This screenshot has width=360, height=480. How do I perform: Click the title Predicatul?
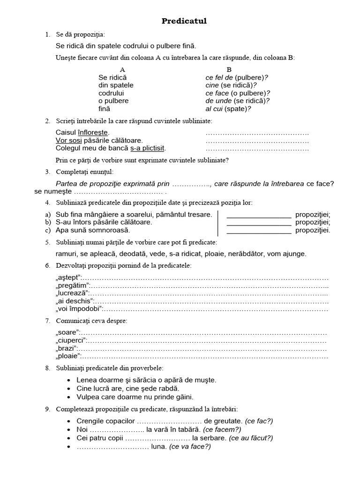(x=184, y=21)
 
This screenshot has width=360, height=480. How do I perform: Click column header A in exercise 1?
(x=122, y=69)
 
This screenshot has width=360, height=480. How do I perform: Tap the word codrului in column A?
(x=111, y=93)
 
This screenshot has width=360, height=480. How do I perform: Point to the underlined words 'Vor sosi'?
(x=69, y=140)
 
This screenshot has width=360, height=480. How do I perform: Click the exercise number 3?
(x=48, y=172)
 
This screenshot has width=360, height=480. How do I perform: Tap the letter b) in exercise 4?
(x=48, y=222)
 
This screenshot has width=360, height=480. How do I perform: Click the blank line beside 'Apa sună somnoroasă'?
(x=259, y=231)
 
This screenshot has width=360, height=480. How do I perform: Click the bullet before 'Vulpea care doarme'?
(x=69, y=397)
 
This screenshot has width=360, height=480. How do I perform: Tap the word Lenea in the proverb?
(x=86, y=380)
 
